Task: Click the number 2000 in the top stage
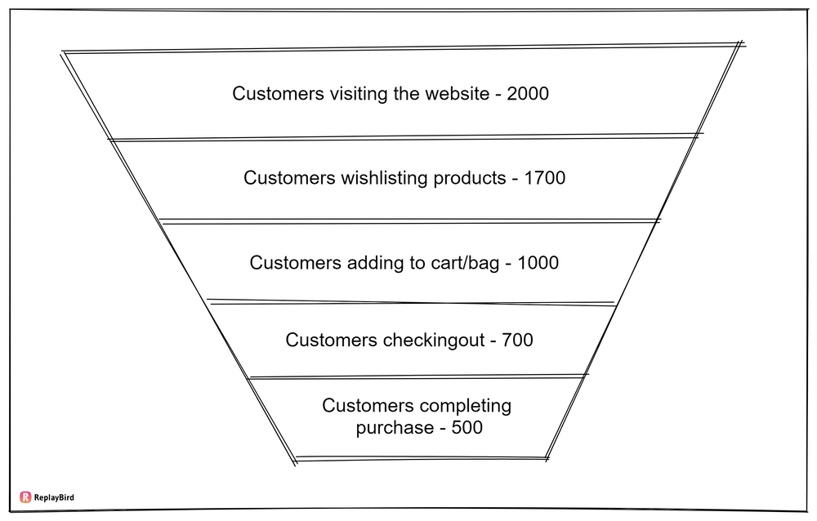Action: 528,93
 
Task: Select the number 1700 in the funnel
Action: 544,177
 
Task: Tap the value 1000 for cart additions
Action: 538,263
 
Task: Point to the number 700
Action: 518,340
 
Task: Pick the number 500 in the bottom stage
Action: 467,427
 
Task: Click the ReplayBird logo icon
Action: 25,497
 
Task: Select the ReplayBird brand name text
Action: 55,497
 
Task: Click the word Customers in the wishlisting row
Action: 288,177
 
